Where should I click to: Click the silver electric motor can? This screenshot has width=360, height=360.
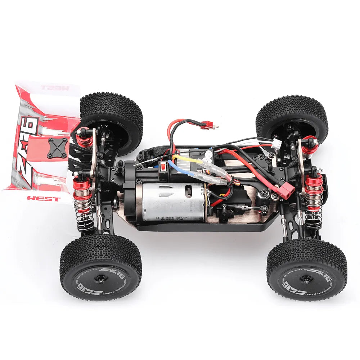pos(173,202)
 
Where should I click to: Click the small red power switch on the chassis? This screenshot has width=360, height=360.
pos(163,166)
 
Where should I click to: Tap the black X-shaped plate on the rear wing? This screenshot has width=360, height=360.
pos(58,148)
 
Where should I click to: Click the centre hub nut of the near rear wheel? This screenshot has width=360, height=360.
pos(101,278)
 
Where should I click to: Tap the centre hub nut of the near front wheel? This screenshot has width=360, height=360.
pos(306,279)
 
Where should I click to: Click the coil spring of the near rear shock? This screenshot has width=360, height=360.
pos(84,212)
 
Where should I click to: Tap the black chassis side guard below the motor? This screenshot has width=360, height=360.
pos(202,227)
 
